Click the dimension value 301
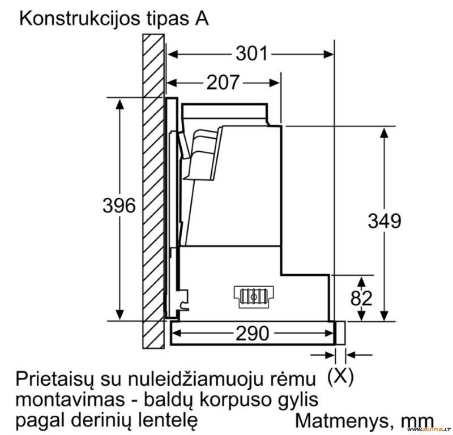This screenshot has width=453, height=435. [x=251, y=54]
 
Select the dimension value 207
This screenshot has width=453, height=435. [x=223, y=82]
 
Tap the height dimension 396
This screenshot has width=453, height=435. [x=119, y=206]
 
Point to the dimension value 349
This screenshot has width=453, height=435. [x=384, y=221]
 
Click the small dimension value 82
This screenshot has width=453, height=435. [x=361, y=298]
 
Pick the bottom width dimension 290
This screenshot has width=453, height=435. [x=252, y=333]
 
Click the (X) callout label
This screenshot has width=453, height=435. [x=340, y=376]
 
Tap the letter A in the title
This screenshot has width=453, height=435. [x=202, y=19]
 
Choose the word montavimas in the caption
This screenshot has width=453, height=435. [x=70, y=400]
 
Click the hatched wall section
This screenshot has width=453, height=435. [x=153, y=191]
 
